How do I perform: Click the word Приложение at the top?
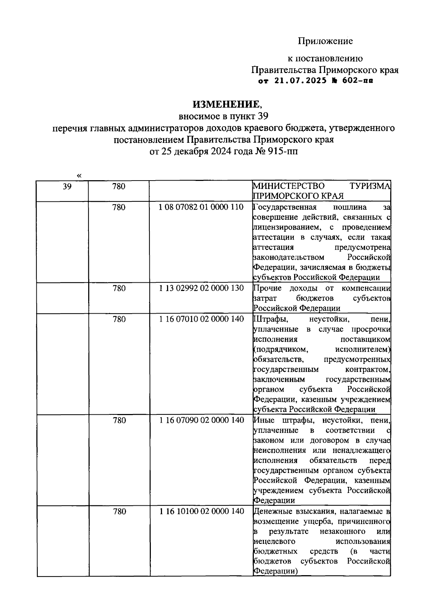pyautogui.click(x=325, y=41)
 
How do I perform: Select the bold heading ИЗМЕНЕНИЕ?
pyautogui.click(x=225, y=104)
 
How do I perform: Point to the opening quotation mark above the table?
pyautogui.click(x=79, y=176)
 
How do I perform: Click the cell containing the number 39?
pyautogui.click(x=67, y=186)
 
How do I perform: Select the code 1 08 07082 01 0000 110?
pyautogui.click(x=202, y=207)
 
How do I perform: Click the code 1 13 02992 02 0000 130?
pyautogui.click(x=202, y=288)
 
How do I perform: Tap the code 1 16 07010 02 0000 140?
pyautogui.click(x=202, y=319)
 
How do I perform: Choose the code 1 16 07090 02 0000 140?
pyautogui.click(x=202, y=420)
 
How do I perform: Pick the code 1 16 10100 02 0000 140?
pyautogui.click(x=202, y=511)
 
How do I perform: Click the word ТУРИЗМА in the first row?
pyautogui.click(x=370, y=186)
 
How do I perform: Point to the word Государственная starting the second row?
pyautogui.click(x=285, y=207)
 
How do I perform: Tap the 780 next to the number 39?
pyautogui.click(x=119, y=186)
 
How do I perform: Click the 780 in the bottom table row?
pyautogui.click(x=119, y=511)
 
